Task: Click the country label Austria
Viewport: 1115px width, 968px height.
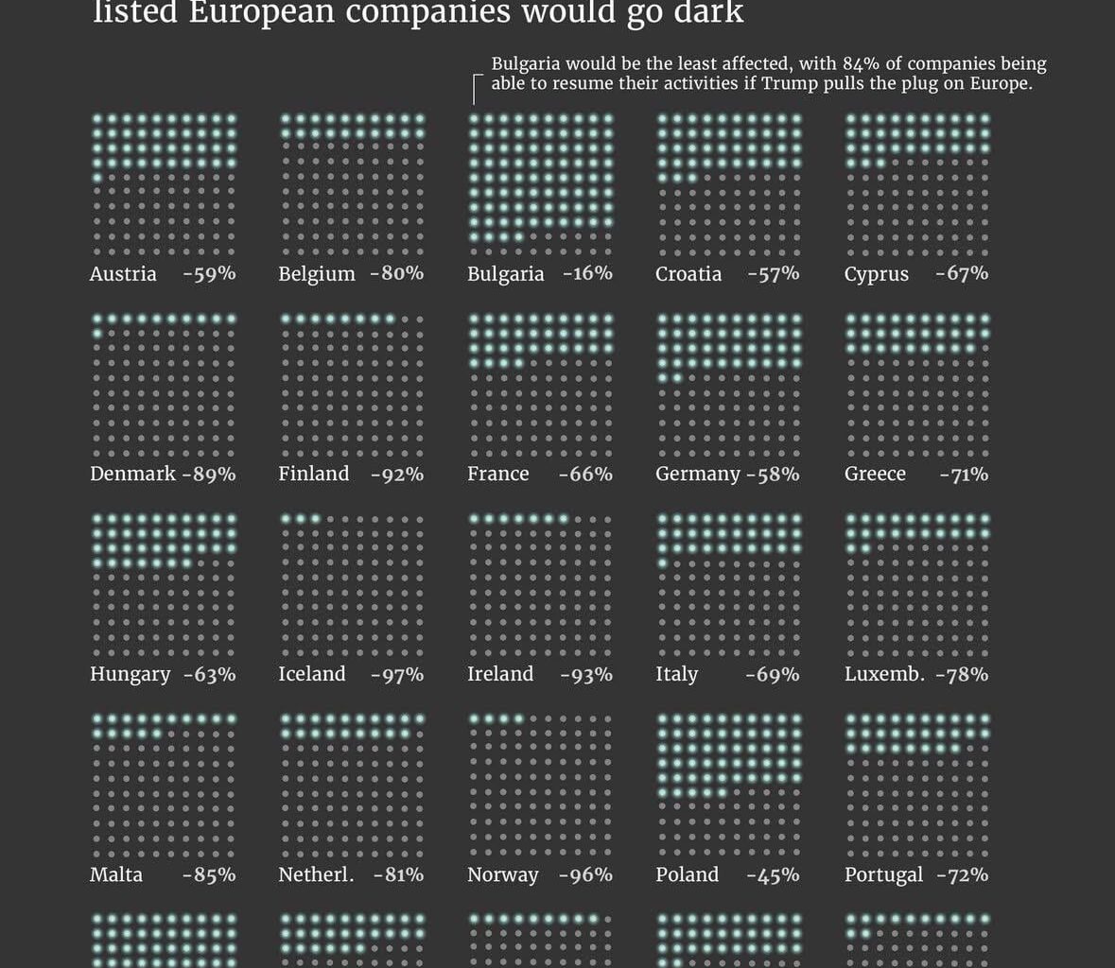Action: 123,274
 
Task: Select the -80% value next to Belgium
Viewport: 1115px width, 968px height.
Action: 397,273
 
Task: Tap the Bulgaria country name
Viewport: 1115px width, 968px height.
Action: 505,274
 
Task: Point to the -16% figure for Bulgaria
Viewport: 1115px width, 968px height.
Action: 587,273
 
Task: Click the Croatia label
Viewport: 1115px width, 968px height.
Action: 688,274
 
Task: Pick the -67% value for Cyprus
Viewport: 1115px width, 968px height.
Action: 962,273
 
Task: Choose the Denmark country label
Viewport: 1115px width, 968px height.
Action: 132,474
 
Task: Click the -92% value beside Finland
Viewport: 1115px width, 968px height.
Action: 397,475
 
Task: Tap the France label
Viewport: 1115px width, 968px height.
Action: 498,474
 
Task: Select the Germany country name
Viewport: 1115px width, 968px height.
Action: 698,474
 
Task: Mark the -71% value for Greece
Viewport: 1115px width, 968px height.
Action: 964,475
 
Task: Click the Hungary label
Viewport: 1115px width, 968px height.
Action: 131,675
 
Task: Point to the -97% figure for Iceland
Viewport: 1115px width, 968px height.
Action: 397,675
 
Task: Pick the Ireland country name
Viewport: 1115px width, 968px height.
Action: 500,674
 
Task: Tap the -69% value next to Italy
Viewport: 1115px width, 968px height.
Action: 773,675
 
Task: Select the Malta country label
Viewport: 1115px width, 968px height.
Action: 116,874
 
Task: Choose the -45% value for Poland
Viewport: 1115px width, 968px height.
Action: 773,875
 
